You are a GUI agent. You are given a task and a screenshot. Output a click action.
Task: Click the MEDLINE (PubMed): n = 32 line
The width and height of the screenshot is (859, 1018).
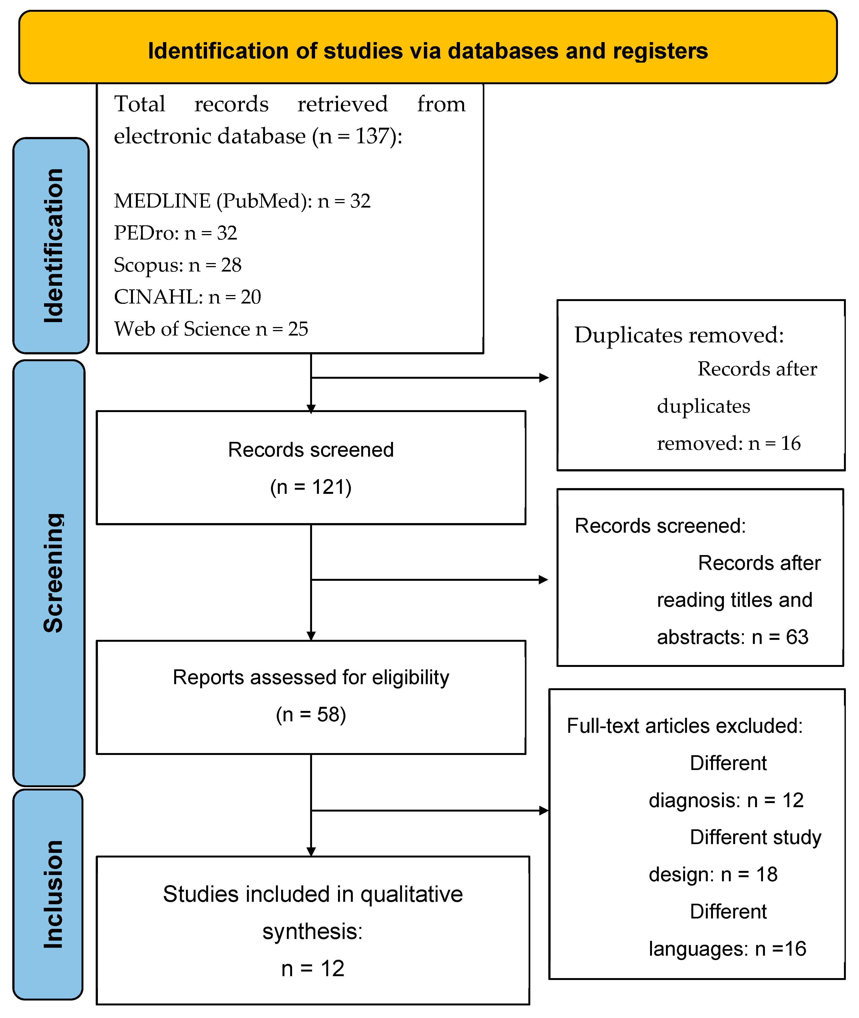click(x=242, y=201)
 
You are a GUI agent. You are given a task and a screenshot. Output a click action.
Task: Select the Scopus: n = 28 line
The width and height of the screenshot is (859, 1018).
click(x=177, y=265)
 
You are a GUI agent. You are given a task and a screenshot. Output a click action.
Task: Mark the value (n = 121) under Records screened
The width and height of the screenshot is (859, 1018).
click(x=311, y=487)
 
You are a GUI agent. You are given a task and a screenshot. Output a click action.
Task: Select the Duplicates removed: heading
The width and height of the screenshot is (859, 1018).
click(x=679, y=335)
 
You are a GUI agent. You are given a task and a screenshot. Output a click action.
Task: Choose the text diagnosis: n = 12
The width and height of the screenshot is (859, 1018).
click(x=726, y=800)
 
